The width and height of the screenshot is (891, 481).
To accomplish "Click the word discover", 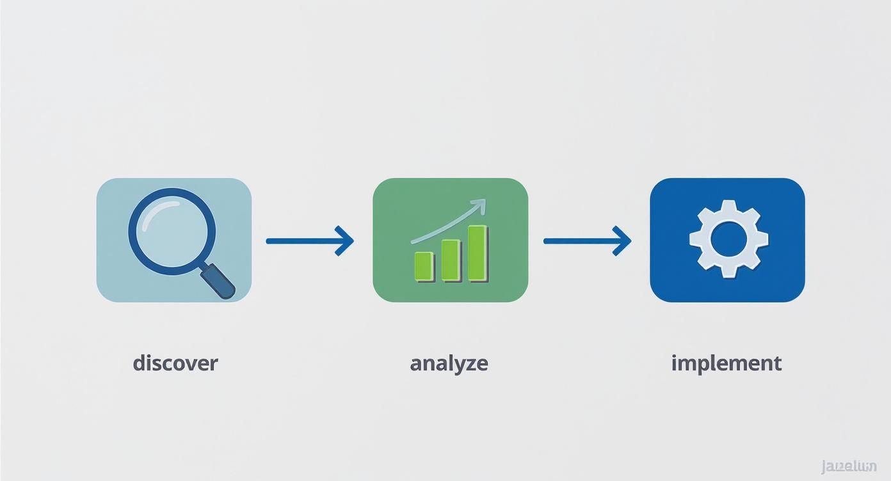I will click(x=175, y=363).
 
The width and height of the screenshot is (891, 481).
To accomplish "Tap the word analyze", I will click(x=449, y=363).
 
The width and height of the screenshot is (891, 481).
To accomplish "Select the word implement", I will click(x=726, y=363).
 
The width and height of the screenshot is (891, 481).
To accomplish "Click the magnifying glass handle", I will click(x=219, y=282).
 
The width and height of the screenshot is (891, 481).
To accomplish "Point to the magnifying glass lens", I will click(x=172, y=230).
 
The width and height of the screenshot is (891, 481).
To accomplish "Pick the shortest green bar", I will click(x=424, y=265).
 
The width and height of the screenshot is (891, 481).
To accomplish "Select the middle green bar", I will click(x=451, y=260).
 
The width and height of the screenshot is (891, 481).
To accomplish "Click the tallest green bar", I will click(x=478, y=253).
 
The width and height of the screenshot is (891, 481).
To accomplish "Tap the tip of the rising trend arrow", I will click(x=482, y=203).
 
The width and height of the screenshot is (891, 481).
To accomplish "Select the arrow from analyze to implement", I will click(x=586, y=240).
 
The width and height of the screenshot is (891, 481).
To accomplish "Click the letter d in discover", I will click(x=140, y=363).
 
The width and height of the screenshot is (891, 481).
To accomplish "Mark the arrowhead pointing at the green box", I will click(x=346, y=240).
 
